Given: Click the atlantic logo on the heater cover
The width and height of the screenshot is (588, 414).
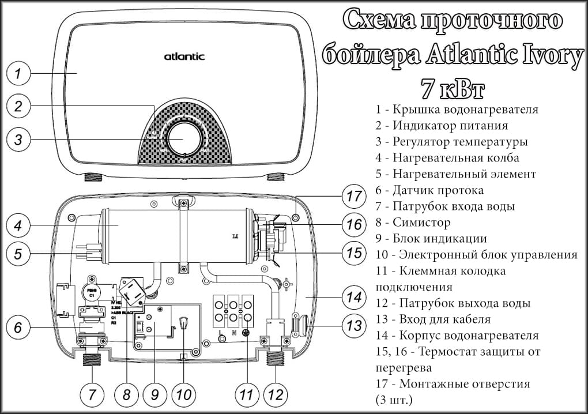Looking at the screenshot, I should click(184, 57).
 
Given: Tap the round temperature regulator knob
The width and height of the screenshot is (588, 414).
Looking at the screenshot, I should click(184, 140).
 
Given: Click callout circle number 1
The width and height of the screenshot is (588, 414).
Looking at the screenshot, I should click(19, 73).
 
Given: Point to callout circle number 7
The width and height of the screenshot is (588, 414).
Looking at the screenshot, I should click(92, 395).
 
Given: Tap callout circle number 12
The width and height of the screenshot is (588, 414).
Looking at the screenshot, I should click(276, 395).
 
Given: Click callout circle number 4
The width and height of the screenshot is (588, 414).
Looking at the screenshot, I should click(19, 225).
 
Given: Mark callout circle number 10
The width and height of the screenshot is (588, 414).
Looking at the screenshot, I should click(183, 395).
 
